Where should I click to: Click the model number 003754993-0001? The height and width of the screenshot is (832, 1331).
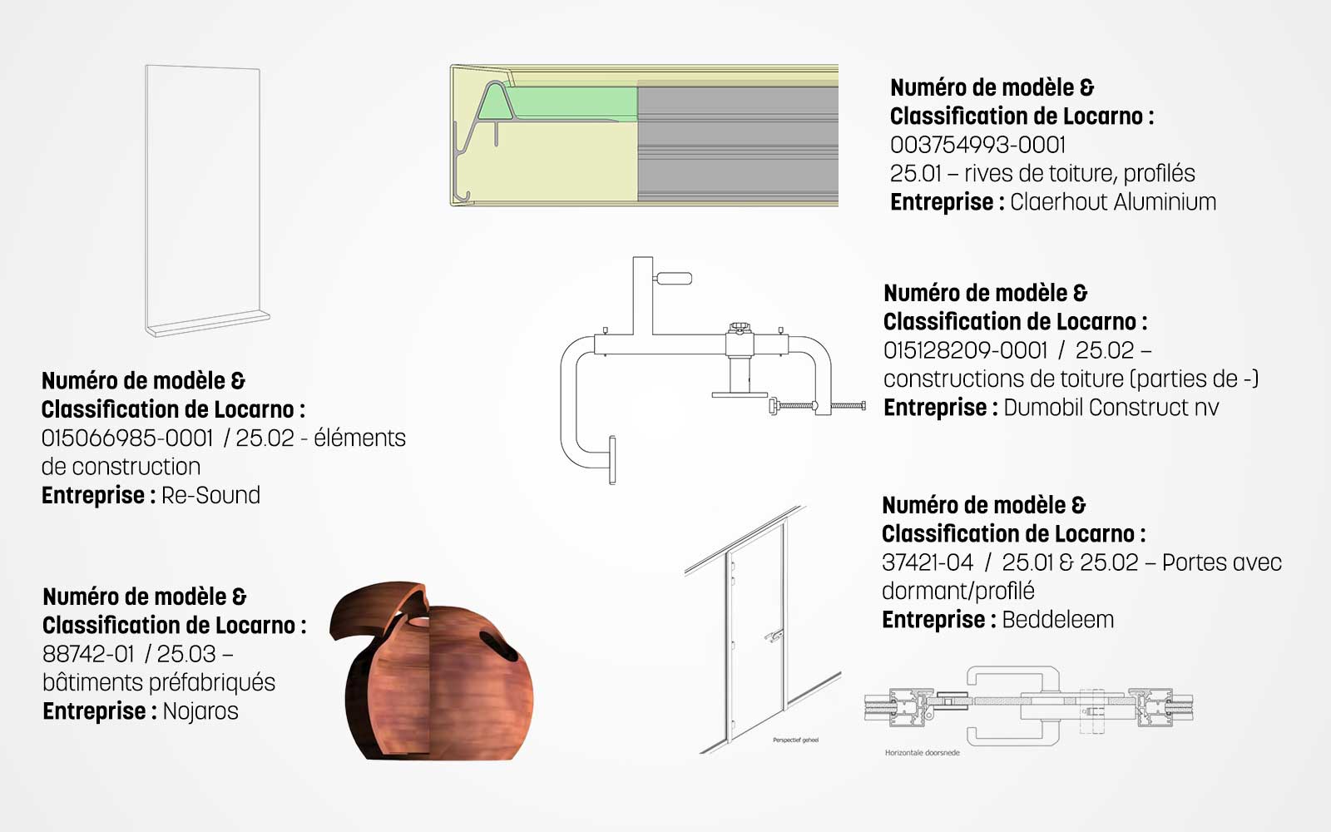tap(977, 145)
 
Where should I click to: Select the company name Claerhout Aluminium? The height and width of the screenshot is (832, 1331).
tap(1113, 202)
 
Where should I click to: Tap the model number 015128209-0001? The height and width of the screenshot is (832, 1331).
tap(965, 350)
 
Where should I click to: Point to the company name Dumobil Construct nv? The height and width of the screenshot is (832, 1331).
tap(1111, 408)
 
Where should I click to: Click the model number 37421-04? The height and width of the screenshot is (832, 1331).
tap(928, 562)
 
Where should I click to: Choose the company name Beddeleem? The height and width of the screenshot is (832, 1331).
tap(1057, 620)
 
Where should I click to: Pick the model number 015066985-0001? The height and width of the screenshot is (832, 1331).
tap(127, 438)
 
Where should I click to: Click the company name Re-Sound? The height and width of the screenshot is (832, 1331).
tap(211, 495)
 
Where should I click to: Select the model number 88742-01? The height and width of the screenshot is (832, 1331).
tap(88, 654)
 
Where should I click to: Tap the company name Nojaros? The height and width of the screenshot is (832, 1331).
tap(200, 711)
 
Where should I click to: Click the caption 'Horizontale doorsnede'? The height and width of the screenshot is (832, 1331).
tap(923, 753)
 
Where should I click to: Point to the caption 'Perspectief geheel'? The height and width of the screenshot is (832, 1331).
tap(795, 740)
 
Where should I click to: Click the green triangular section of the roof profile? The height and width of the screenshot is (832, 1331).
tap(495, 104)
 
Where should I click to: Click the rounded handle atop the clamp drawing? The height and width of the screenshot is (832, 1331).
tap(673, 278)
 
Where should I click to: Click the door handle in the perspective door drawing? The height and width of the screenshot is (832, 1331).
tap(774, 636)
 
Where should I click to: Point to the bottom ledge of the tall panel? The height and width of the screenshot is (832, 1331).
tap(209, 324)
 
